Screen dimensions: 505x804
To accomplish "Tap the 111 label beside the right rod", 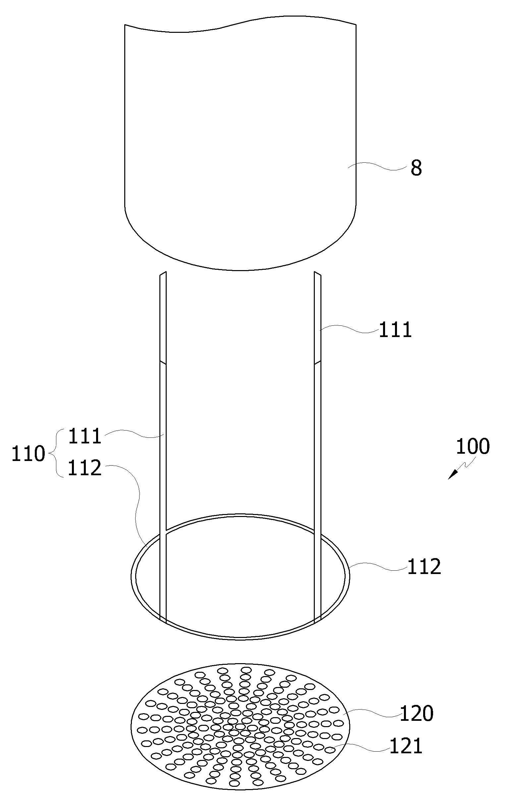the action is click(x=395, y=330).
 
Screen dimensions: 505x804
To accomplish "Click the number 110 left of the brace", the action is click(x=28, y=454).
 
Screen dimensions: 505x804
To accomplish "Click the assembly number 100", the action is click(x=473, y=446).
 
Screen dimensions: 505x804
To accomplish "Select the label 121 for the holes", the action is click(x=406, y=746).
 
